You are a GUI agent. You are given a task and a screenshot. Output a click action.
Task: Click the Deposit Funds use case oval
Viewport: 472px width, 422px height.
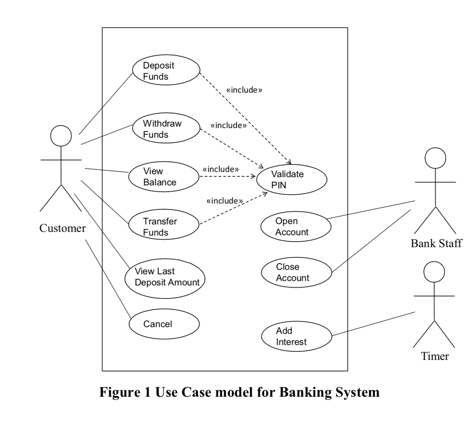(x=166, y=70)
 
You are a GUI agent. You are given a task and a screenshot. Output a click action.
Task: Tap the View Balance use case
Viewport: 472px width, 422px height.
(x=164, y=176)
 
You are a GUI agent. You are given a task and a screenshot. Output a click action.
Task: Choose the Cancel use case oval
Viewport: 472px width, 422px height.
(x=164, y=324)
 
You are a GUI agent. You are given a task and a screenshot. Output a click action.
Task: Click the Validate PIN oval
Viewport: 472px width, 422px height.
(x=292, y=179)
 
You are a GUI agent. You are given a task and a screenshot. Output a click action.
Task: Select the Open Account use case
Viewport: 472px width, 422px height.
(x=296, y=226)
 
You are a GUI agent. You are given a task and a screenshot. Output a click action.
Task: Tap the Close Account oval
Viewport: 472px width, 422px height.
(x=296, y=272)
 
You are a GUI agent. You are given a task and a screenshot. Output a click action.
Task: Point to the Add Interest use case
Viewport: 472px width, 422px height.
(x=296, y=336)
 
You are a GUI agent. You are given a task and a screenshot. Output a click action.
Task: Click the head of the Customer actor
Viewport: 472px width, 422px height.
(x=61, y=135)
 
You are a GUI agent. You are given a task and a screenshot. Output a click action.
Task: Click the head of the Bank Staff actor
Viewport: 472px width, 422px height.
(x=435, y=158)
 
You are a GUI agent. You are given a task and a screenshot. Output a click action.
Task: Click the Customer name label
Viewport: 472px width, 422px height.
(x=62, y=228)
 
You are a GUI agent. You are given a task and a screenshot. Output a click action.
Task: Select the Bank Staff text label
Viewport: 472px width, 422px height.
(x=436, y=243)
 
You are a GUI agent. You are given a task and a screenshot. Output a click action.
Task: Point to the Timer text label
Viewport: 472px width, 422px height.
(x=435, y=356)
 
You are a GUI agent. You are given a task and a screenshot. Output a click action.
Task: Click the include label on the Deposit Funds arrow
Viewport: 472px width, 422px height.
(x=244, y=90)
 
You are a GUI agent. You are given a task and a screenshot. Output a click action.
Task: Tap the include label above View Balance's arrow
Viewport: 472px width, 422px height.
(x=220, y=169)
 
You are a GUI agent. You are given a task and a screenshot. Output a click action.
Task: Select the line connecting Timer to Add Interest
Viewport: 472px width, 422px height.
(x=373, y=324)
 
